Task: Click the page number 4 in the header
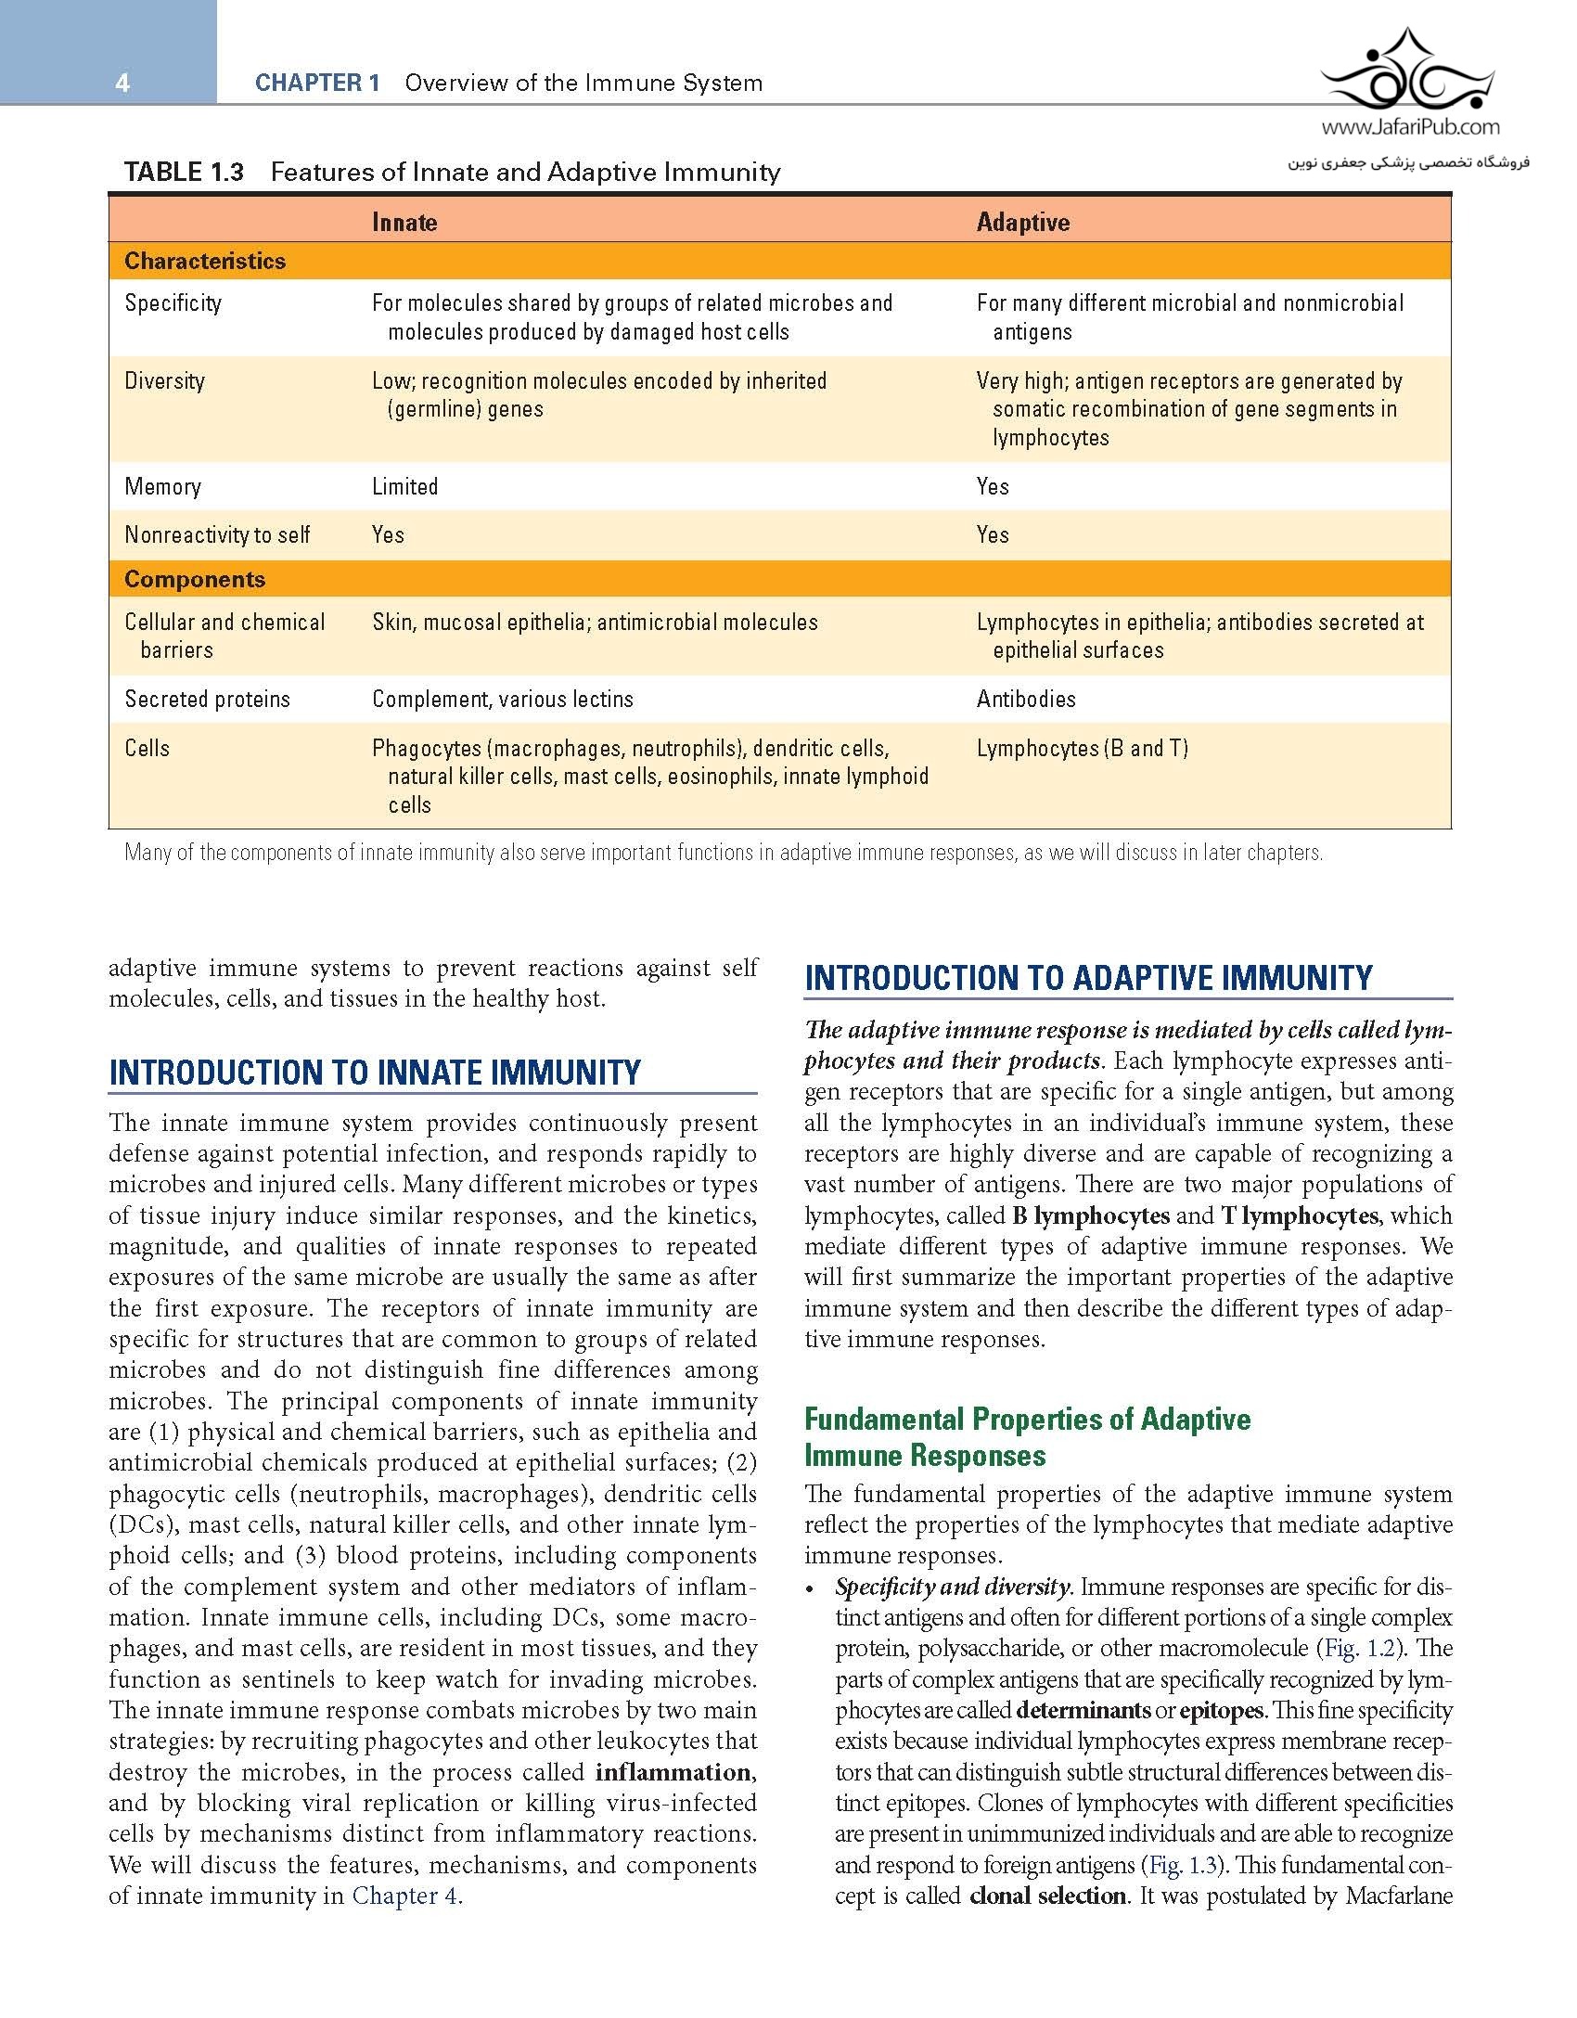pos(122,84)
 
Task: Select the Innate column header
pos(404,223)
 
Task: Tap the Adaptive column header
pos(1022,223)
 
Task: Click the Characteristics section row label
pos(205,261)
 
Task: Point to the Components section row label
pos(195,580)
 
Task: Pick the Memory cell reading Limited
pos(404,486)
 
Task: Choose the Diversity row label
pos(165,380)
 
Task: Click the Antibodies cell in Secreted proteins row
pos(1026,699)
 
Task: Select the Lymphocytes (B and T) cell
pos(1082,748)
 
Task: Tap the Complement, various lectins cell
pos(503,699)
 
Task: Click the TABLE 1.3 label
pos(184,172)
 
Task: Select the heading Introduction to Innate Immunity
pos(375,1073)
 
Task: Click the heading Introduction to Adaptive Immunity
pos(1088,978)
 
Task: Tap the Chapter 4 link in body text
pos(404,1896)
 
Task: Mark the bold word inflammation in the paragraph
pos(673,1772)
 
